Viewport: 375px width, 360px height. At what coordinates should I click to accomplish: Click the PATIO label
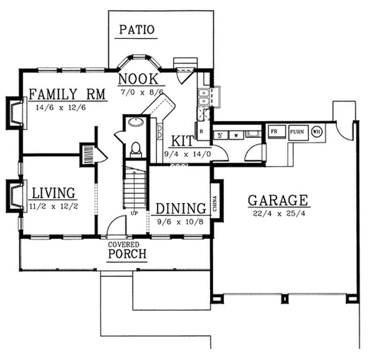tap(136, 30)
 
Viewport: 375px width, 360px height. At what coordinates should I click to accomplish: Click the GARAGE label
tap(278, 201)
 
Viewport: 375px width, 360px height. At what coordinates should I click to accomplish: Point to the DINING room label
tap(181, 209)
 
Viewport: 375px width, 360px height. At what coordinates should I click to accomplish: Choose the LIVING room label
tap(54, 193)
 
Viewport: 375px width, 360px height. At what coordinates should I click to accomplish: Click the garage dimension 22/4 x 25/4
tap(278, 214)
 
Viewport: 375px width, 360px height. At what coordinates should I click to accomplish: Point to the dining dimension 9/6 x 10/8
tap(181, 221)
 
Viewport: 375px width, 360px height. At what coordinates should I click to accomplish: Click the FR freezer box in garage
tap(274, 131)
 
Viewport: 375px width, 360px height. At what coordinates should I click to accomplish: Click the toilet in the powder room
tap(136, 149)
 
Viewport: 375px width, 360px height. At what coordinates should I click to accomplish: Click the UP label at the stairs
tap(135, 213)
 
